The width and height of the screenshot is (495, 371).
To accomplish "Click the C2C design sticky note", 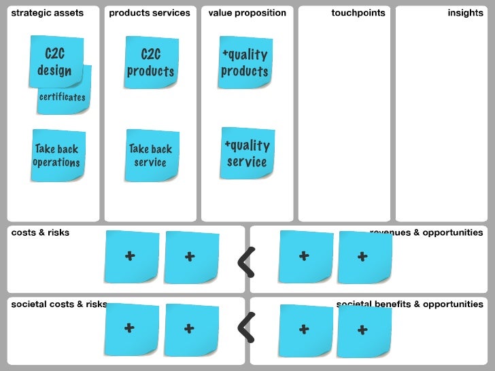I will [55, 62].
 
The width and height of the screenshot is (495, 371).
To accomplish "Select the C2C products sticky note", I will [150, 63].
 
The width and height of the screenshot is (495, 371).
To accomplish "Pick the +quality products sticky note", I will [244, 63].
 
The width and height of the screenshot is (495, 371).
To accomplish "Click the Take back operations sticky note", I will [57, 156].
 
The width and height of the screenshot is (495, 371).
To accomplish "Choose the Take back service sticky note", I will [151, 156].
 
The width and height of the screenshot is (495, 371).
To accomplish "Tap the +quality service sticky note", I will [247, 154].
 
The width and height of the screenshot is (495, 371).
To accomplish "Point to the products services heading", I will [150, 13].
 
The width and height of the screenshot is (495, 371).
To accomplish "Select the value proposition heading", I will [247, 13].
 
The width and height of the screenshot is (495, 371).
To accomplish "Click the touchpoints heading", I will [358, 13].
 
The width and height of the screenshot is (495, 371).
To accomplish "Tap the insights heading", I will [465, 13].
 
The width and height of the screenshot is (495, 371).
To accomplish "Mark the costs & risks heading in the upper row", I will [40, 232].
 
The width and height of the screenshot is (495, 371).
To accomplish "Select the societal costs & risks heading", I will [59, 304].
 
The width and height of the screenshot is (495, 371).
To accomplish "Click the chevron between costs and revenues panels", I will [247, 262].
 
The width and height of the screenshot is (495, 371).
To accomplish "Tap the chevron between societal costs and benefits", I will [247, 328].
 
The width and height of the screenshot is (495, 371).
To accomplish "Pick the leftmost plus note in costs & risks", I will [131, 257].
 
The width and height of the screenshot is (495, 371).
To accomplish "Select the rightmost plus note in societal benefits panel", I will [364, 331].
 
